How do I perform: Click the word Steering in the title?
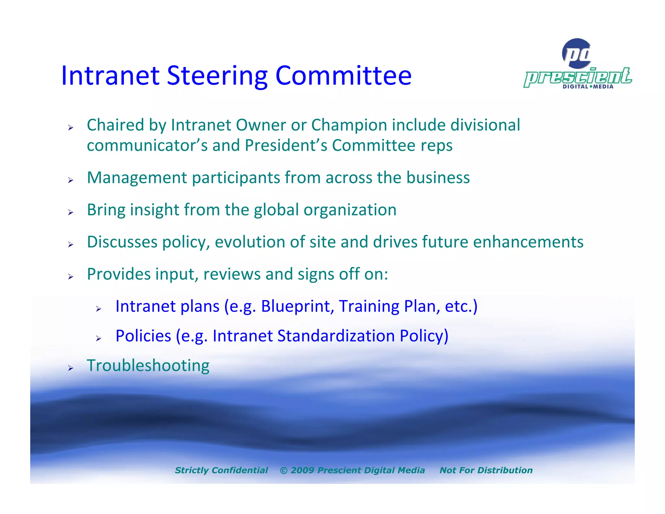coord(217,76)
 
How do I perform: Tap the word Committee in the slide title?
coord(343,76)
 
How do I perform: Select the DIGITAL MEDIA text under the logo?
coord(588,86)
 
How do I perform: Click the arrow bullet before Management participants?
coord(71,180)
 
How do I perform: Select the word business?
coord(438,178)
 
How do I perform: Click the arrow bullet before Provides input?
coord(71,277)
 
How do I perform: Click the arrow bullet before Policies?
coord(99,339)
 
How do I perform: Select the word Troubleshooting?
coord(148,366)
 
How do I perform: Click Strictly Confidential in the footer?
coord(221,470)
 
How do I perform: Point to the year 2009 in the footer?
coord(302,470)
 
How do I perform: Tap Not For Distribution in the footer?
coord(486,470)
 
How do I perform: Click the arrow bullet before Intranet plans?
coord(99,309)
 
